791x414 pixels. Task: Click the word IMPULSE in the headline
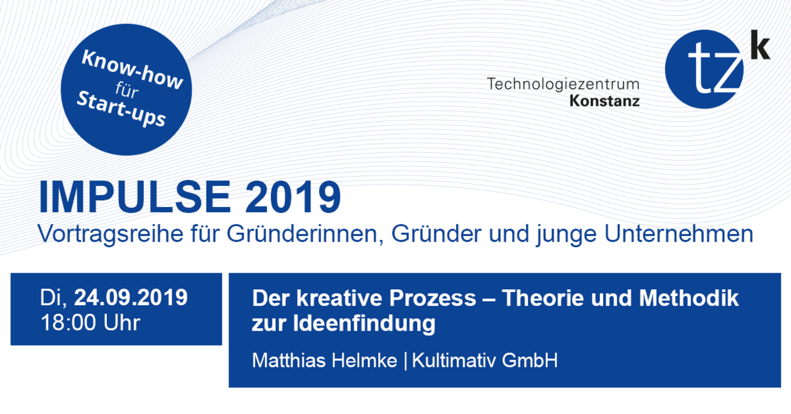click(x=135, y=196)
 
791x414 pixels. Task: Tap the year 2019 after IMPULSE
click(x=293, y=196)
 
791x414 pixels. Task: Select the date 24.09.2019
click(x=130, y=297)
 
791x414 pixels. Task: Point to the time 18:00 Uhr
click(x=90, y=323)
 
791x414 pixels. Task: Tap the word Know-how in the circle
click(x=132, y=69)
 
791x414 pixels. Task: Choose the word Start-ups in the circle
click(x=121, y=109)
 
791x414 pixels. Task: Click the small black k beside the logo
click(x=760, y=45)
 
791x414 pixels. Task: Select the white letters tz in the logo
click(x=716, y=70)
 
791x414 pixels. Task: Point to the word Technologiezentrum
click(x=563, y=84)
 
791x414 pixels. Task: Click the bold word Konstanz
click(x=604, y=101)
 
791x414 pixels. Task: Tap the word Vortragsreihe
click(x=111, y=234)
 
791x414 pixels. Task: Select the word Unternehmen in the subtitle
click(x=679, y=234)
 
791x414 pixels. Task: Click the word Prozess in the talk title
click(x=433, y=298)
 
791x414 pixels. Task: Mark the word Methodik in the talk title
click(x=688, y=298)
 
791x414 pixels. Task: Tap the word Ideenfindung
click(x=364, y=324)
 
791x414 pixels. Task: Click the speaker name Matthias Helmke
click(x=324, y=360)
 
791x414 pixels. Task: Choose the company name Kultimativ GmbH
click(x=485, y=360)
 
